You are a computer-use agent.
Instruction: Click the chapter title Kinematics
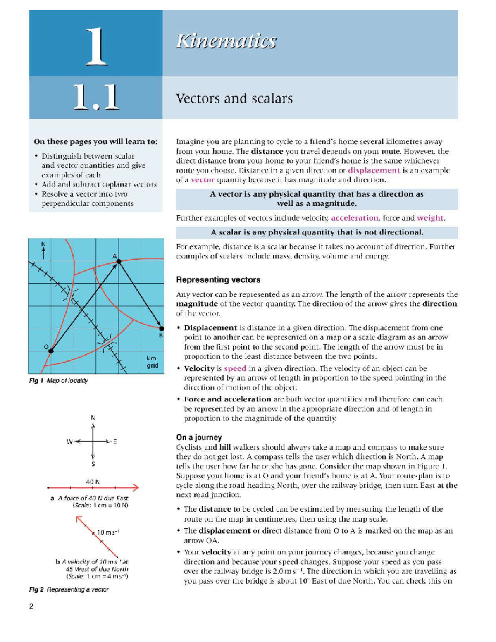(x=226, y=41)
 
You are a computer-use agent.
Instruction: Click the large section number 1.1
(x=96, y=97)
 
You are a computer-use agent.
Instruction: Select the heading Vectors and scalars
(x=234, y=98)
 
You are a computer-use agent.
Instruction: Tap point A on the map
(x=119, y=261)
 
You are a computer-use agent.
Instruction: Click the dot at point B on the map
(x=162, y=329)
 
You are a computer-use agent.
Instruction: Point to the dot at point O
(x=51, y=351)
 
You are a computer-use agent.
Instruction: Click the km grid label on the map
(x=152, y=362)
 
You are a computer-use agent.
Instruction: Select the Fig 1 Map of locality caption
(x=58, y=380)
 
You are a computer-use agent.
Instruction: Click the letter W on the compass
(x=69, y=442)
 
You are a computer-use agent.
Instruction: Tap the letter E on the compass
(x=115, y=442)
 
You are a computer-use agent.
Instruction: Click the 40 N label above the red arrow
(x=93, y=482)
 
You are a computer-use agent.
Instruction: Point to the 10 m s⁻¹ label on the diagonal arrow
(x=108, y=532)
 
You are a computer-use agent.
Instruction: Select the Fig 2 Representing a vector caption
(x=69, y=589)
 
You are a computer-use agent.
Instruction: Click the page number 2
(x=31, y=606)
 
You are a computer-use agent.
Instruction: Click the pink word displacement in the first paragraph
(x=374, y=170)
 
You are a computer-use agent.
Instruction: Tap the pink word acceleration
(x=354, y=218)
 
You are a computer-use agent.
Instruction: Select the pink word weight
(x=430, y=218)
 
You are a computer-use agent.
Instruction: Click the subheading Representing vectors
(x=218, y=280)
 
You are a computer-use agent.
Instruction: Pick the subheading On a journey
(x=199, y=437)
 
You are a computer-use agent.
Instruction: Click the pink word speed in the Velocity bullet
(x=235, y=368)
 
